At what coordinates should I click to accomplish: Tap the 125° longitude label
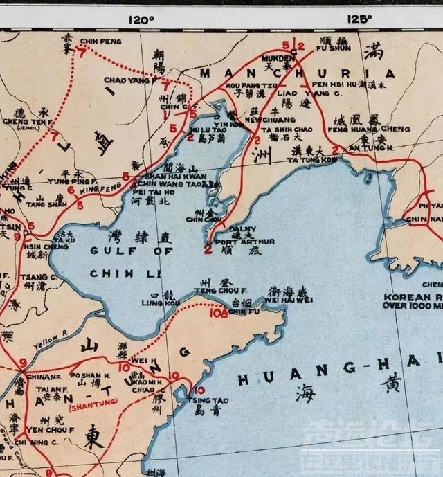[359, 19]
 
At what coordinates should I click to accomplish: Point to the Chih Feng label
[100, 42]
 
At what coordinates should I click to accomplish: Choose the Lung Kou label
[156, 302]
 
